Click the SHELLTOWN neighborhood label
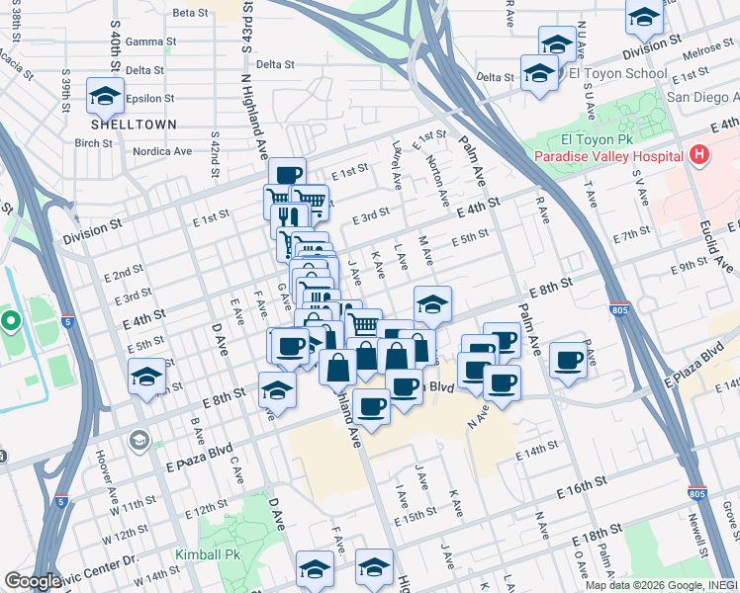coord(134,125)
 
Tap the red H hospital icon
coord(699,155)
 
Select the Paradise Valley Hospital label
coord(607,157)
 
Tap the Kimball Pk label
coord(207,555)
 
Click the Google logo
coord(33,581)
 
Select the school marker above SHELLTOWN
coord(104,96)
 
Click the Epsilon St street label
coord(152,99)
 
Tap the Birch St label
coord(92,142)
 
